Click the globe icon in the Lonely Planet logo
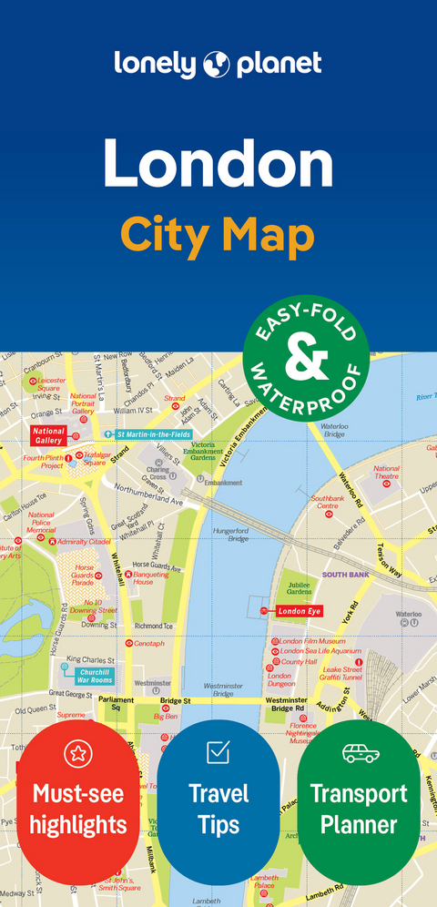218,63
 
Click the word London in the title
218,166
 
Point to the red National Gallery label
49,434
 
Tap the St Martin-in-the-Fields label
153,433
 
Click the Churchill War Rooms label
95,675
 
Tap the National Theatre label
386,473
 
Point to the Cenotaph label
147,643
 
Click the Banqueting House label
150,578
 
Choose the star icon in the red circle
78,753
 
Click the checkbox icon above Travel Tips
218,751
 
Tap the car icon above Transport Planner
359,752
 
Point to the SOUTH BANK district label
345,575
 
